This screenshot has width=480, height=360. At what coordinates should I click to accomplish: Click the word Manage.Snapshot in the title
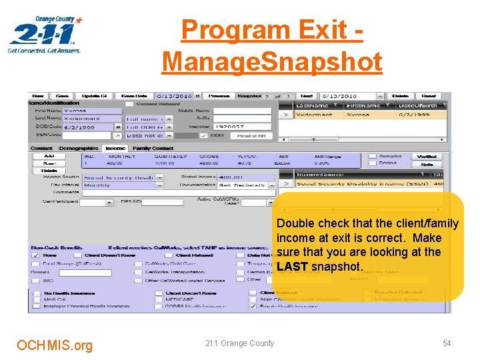pos(272,61)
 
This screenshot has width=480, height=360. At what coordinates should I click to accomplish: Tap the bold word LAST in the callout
pos(292,267)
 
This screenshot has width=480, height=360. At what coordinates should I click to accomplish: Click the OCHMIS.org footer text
pos(55,345)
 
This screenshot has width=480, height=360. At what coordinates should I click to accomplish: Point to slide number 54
pos(447,343)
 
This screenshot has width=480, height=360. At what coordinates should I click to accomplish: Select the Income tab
pos(115,148)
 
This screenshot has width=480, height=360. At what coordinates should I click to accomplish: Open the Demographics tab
pos(78,148)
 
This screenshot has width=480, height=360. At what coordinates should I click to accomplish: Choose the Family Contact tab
pos(151,148)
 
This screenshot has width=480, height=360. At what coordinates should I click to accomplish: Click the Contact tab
pos(41,148)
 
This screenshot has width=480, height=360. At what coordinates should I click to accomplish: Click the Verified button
pos(427,157)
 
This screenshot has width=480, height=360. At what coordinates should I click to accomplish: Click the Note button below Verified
pos(427,164)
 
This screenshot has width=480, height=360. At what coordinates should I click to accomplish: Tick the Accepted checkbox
pos(373,156)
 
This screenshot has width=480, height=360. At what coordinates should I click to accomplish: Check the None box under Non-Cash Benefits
pos(35,255)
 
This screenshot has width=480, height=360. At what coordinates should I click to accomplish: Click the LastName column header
pos(317,105)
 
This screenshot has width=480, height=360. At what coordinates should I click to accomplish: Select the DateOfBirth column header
pos(421,105)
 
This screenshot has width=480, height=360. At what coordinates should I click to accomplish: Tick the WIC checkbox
pos(35,280)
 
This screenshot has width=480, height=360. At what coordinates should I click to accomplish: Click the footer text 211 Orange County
pos(239,343)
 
